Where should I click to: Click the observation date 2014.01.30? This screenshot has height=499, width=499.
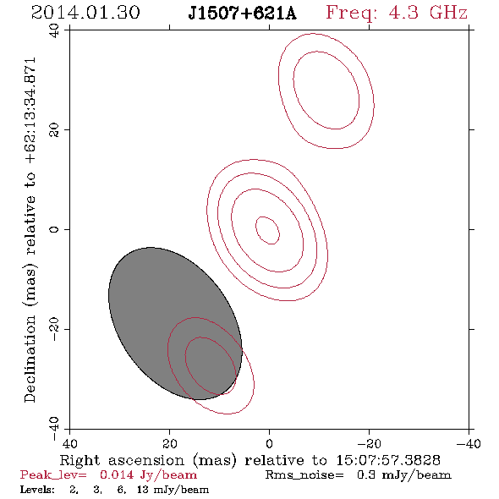[x=85, y=13]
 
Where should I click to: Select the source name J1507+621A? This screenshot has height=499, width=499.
[x=242, y=14]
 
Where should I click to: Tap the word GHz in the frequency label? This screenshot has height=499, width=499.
[x=448, y=13]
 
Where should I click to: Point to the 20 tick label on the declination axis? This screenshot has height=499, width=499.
[x=54, y=130]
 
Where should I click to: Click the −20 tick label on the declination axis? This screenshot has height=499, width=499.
[x=54, y=329]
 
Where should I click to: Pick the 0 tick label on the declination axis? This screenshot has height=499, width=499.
[x=54, y=229]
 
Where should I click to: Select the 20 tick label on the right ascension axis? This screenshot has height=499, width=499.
[x=169, y=443]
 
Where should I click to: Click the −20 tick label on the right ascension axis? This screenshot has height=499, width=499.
[x=369, y=443]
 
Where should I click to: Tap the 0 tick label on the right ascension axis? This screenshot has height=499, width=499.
[x=269, y=443]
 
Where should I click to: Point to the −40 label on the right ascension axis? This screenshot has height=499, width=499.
[x=469, y=443]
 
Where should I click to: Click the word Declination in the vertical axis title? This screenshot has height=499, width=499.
[x=30, y=359]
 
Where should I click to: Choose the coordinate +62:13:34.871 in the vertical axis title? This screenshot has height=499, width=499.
[x=30, y=111]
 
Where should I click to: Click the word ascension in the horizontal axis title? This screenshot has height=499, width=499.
[x=146, y=460]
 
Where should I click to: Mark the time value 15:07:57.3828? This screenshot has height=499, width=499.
[x=388, y=460]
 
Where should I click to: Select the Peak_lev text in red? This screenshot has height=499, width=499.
[x=53, y=475]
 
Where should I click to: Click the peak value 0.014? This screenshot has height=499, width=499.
[x=117, y=474]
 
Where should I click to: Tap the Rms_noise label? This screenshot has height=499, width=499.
[x=304, y=475]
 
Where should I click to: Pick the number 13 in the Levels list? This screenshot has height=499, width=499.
[x=143, y=489]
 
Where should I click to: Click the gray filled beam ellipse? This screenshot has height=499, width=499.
[x=175, y=323]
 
